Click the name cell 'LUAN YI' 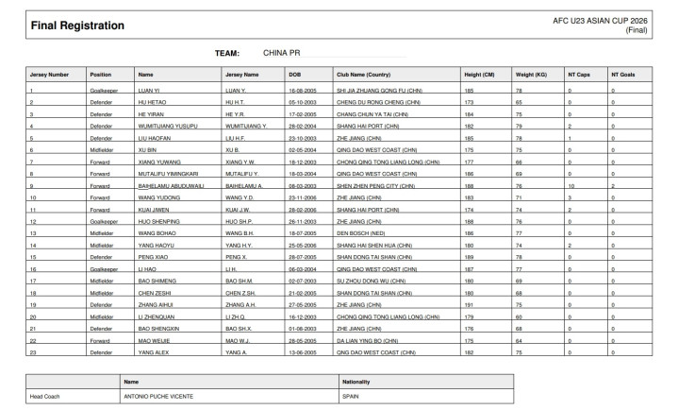[x=150, y=90]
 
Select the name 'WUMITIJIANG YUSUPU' [x=167, y=125]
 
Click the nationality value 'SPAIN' [x=351, y=397]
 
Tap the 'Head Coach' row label [x=45, y=397]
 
